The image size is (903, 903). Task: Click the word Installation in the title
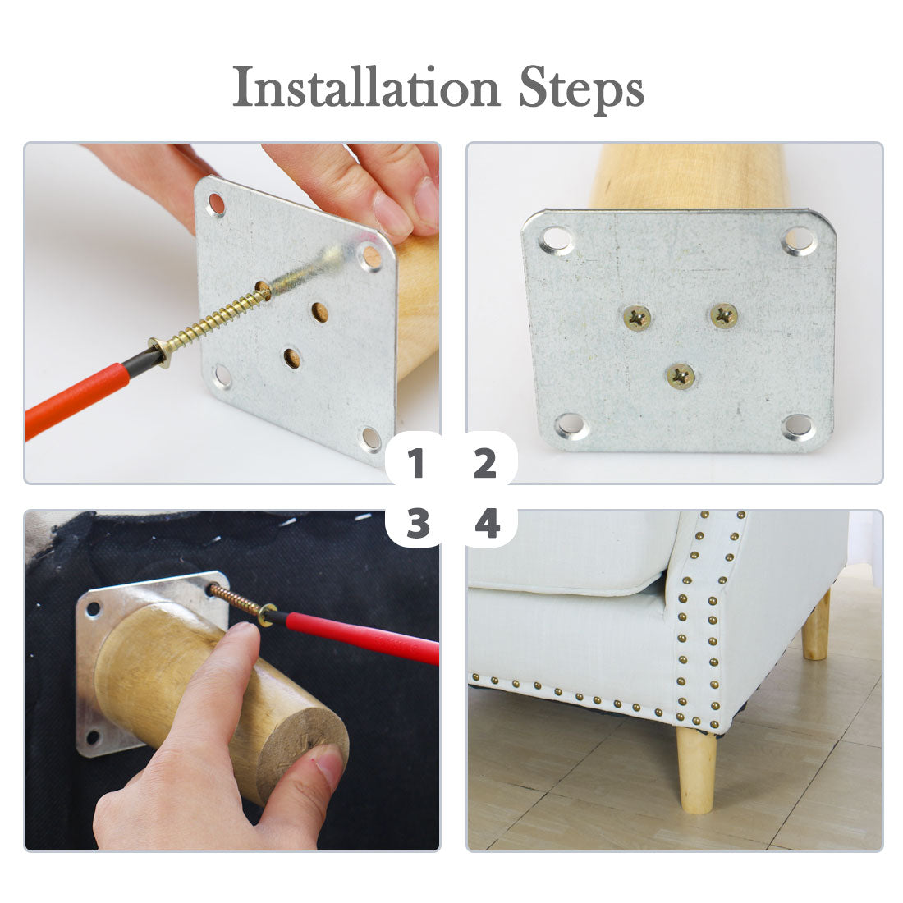point(365,87)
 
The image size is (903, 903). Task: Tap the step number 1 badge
point(415,463)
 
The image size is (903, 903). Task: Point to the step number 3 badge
point(418,524)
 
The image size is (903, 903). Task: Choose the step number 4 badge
point(487,524)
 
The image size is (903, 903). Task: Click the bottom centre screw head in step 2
point(681,376)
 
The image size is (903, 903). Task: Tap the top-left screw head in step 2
point(637,318)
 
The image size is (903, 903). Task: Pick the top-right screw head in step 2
point(724,315)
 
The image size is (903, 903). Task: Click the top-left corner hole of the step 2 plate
point(557,240)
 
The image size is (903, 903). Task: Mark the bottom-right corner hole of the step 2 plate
point(800,428)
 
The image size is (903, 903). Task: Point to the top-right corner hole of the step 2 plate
point(800,241)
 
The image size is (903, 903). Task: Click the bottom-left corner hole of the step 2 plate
point(571,426)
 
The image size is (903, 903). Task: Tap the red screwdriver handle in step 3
point(362,637)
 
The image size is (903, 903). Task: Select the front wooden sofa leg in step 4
point(696,770)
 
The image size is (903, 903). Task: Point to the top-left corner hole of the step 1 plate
point(217,204)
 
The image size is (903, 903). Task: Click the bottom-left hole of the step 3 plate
point(92,737)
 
